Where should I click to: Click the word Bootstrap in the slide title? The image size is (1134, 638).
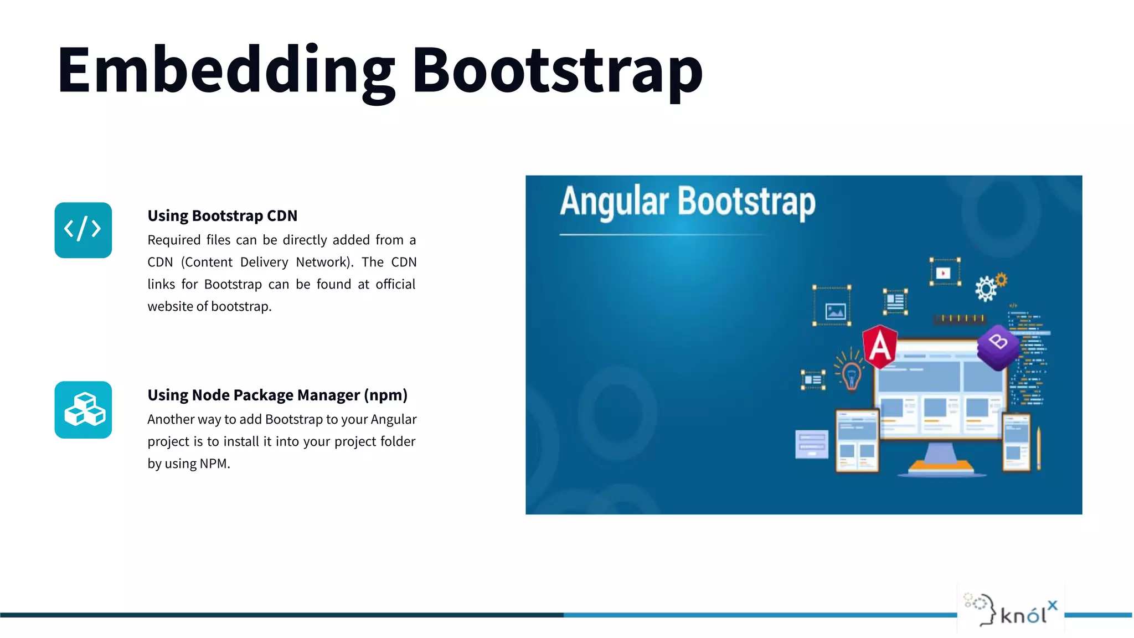click(x=557, y=70)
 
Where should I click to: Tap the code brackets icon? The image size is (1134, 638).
click(x=83, y=230)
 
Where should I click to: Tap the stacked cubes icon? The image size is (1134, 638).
click(x=83, y=410)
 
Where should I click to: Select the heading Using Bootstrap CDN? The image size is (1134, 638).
click(x=222, y=215)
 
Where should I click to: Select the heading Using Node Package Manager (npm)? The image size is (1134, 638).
click(x=277, y=395)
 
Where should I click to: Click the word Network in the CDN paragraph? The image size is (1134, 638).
click(x=324, y=262)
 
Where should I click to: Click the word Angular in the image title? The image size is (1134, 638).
click(x=615, y=201)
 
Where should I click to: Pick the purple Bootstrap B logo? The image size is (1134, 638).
click(x=998, y=346)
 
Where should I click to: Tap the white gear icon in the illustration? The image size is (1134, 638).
click(x=986, y=289)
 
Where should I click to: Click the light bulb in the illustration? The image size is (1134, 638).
click(x=851, y=374)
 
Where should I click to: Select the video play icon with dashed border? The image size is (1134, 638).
click(x=944, y=272)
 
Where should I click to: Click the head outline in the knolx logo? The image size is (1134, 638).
click(x=983, y=609)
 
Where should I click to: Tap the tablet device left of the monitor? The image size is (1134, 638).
click(x=857, y=441)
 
